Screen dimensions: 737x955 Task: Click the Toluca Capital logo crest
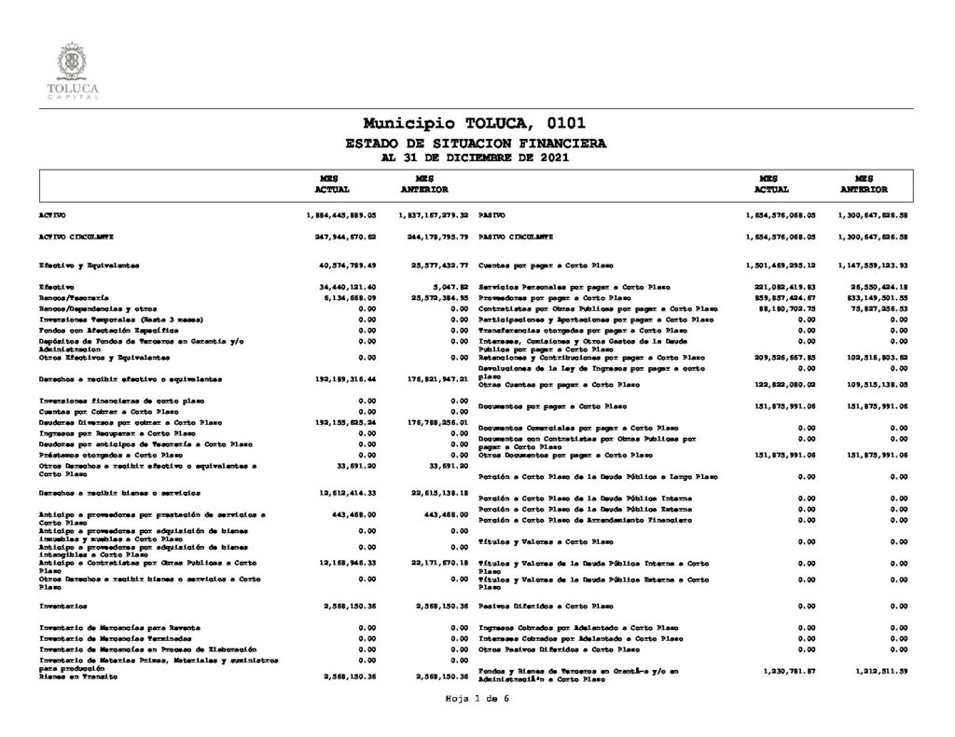tap(72, 63)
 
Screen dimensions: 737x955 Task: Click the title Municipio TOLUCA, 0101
tap(475, 123)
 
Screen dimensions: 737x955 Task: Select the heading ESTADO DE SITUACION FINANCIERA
tap(475, 143)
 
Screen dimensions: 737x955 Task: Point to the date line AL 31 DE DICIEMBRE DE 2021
tap(475, 157)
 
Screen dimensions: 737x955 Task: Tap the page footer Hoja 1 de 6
tap(477, 697)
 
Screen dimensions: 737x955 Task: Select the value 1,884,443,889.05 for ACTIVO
tap(339, 214)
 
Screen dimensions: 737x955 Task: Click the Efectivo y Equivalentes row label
tap(89, 266)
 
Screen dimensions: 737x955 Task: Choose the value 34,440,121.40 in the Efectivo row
tap(346, 286)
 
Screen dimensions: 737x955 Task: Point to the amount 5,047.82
tap(446, 286)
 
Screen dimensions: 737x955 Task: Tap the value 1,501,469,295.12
tap(782, 266)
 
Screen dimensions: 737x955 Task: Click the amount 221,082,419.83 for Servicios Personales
tap(784, 286)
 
